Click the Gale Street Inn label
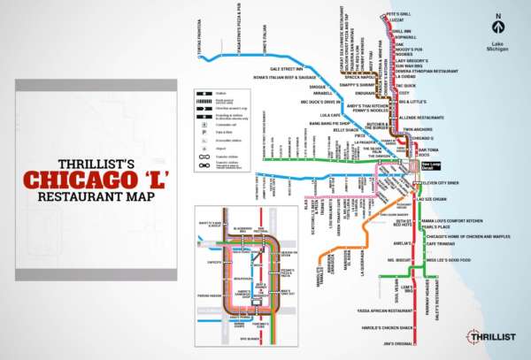(x=287, y=68)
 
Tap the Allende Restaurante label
(x=422, y=117)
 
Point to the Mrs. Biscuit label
(x=377, y=261)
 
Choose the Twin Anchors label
(x=418, y=130)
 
